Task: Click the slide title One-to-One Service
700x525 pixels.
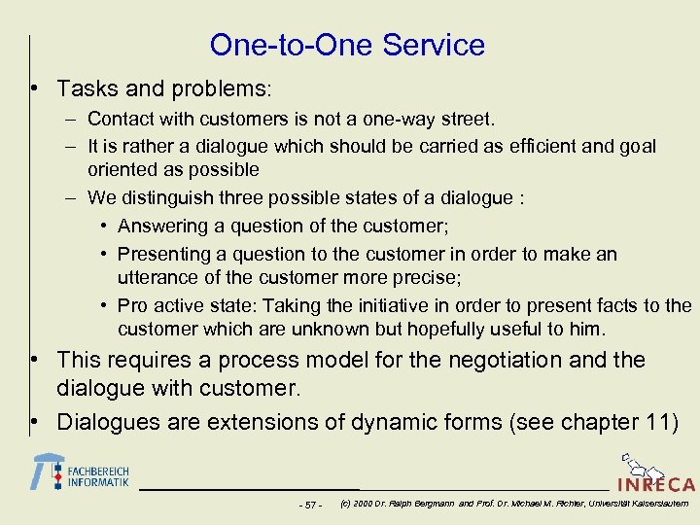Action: click(347, 45)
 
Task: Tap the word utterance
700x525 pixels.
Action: click(157, 278)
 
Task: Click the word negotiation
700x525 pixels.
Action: click(496, 360)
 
